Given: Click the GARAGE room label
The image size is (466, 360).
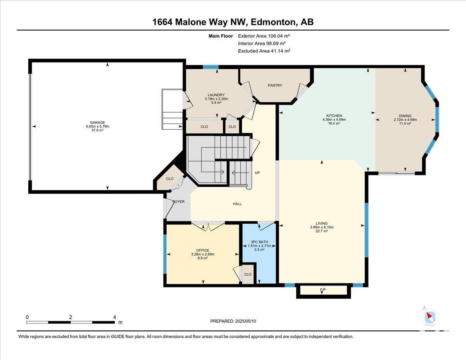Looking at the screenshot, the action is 97,123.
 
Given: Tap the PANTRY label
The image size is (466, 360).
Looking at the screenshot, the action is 275,85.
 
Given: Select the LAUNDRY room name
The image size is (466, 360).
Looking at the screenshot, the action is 216,95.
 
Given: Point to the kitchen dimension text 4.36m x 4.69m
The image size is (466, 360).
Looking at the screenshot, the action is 334,120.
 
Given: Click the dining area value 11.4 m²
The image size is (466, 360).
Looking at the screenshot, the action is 405,123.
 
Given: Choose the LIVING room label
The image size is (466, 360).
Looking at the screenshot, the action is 322,223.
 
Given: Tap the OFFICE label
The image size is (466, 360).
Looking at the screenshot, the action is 203,250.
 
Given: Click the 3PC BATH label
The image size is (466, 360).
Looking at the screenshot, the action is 259,242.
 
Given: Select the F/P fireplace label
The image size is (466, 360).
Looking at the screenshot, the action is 323,290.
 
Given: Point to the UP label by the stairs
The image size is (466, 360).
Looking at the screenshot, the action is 257,172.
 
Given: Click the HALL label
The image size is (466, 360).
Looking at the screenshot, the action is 237,204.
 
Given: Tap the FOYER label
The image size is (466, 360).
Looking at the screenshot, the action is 178,202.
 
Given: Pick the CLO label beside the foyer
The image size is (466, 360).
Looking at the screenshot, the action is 170,179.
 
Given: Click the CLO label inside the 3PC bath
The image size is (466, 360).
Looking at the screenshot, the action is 248,275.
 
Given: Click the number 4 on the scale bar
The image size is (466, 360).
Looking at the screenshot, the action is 115,317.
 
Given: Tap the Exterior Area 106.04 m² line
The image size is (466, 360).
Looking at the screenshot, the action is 264,36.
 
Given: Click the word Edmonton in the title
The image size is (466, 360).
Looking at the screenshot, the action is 273,22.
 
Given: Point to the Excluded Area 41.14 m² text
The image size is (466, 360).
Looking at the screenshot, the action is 264,51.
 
